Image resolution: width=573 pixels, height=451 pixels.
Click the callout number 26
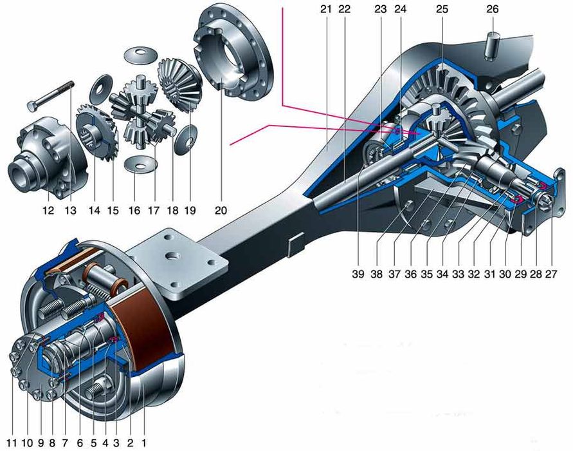point(492,10)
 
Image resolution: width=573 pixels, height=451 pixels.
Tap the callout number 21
point(326,10)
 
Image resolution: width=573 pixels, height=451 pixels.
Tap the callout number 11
point(11,443)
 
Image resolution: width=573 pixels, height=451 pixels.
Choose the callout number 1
point(144,443)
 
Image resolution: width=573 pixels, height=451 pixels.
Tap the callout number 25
point(440,10)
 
